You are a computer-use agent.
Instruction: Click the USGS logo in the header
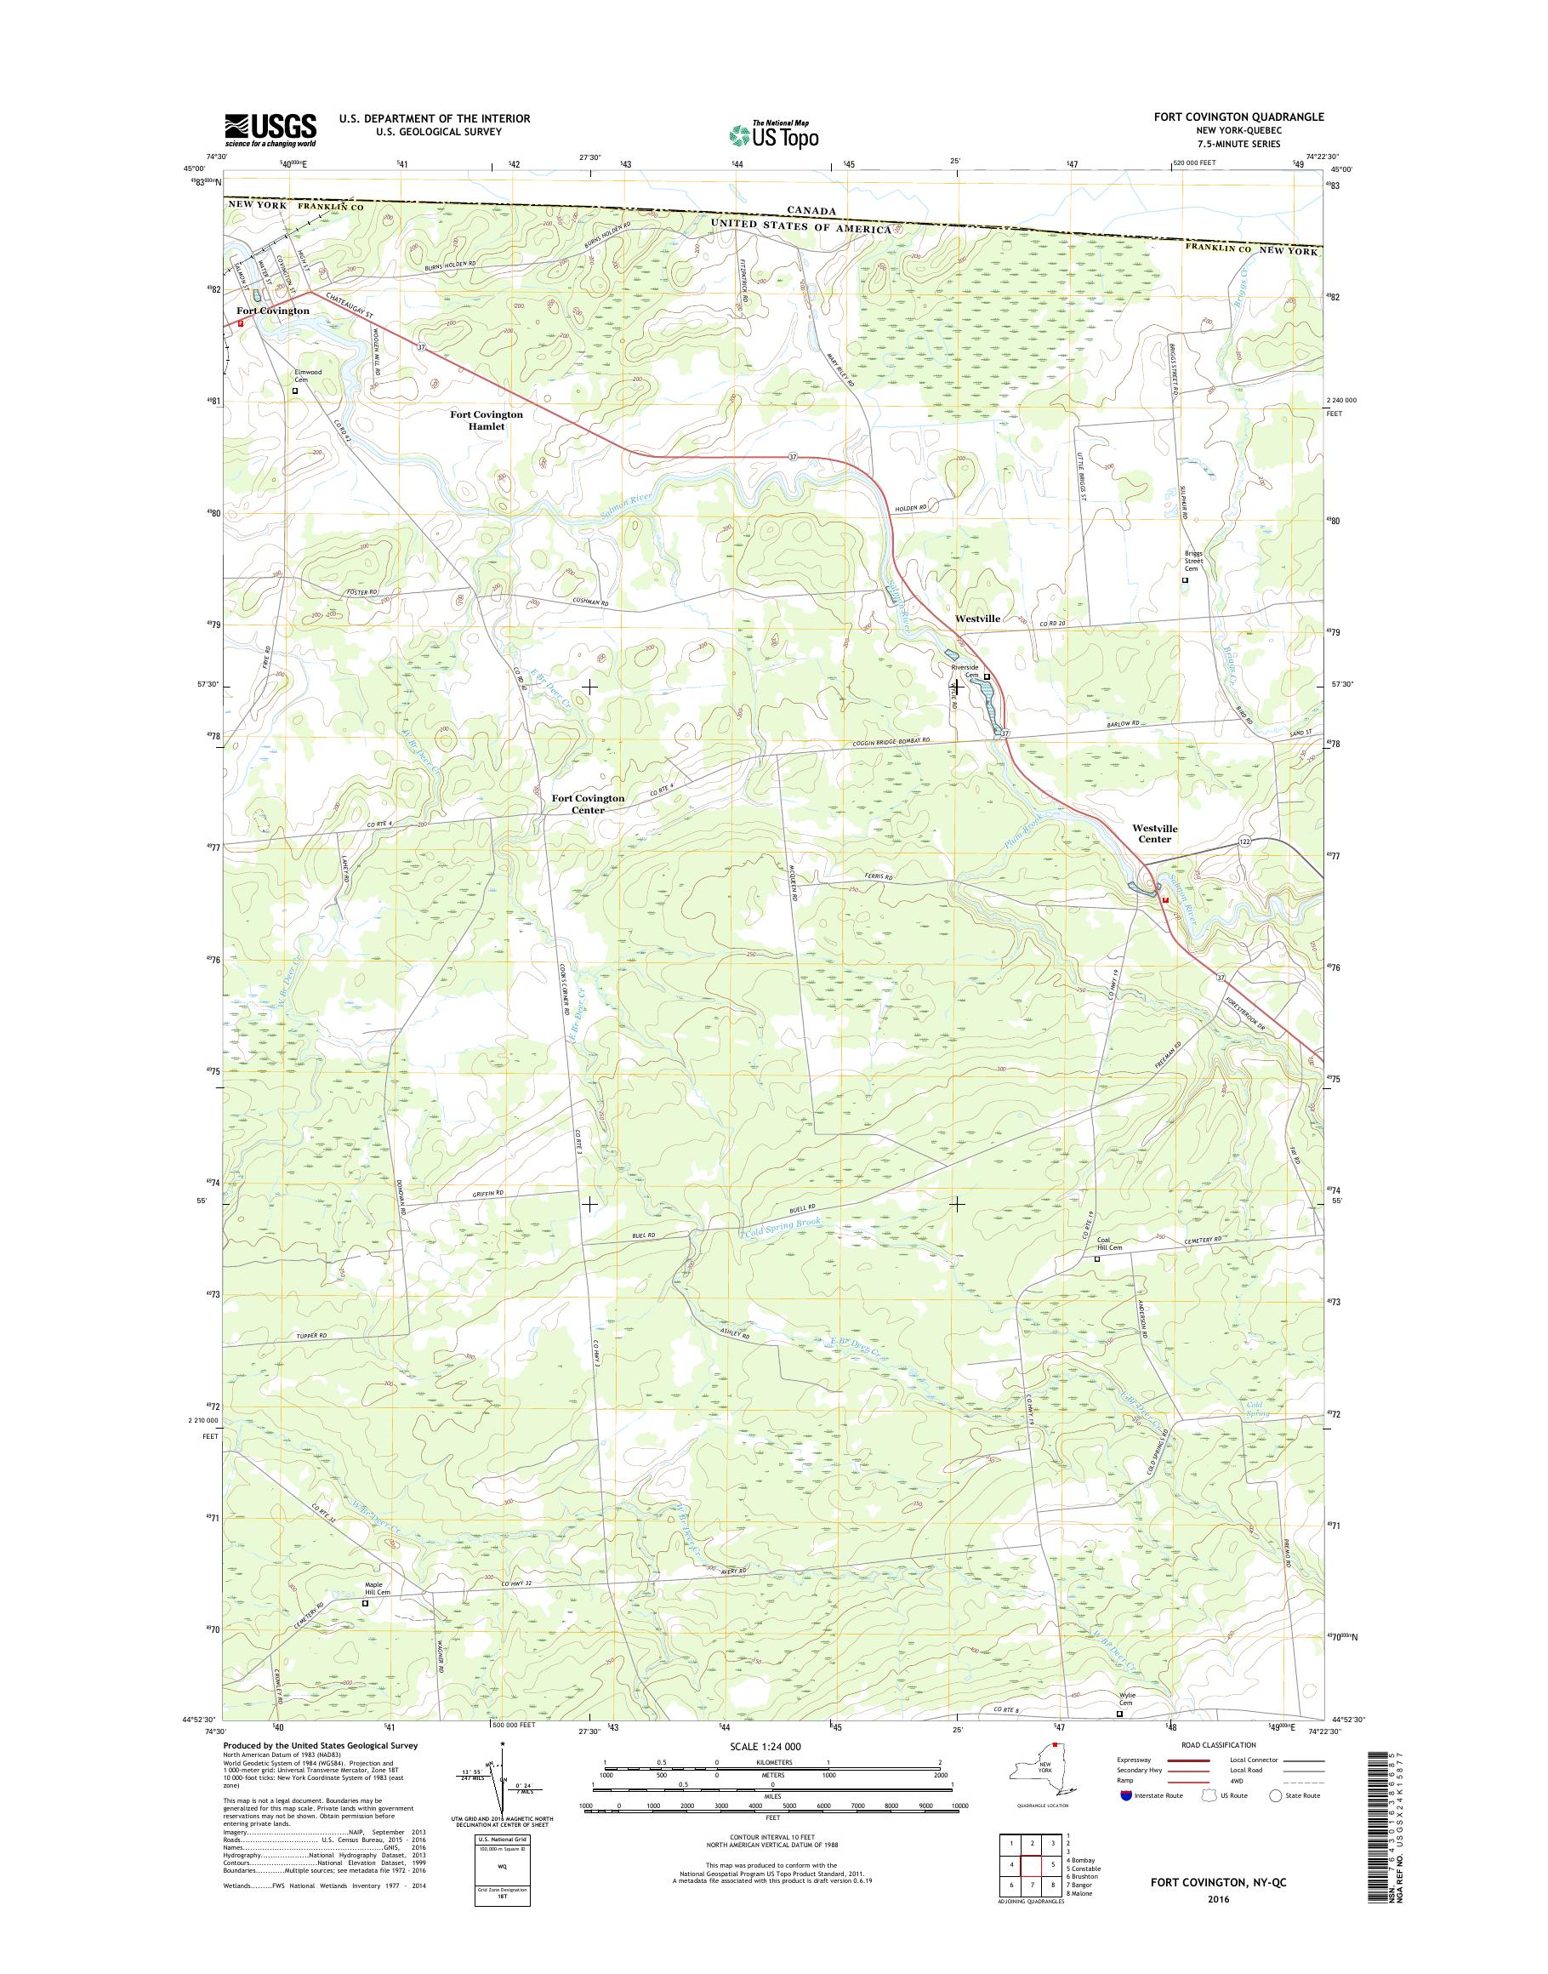270,129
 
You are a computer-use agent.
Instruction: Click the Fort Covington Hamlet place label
487,419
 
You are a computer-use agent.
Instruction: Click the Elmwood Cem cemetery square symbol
294,391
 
